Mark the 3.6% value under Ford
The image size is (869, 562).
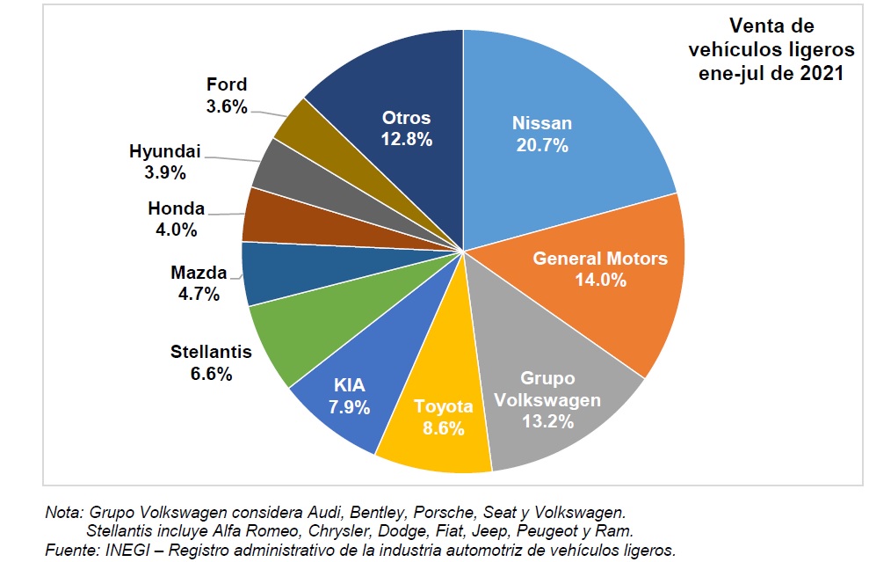227,106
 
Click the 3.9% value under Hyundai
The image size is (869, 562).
164,172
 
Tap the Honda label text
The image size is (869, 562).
176,209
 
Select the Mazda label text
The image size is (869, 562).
199,273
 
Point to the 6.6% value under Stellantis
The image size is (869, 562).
211,374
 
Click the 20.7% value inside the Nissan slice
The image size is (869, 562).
542,145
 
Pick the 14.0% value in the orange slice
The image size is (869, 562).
600,281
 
